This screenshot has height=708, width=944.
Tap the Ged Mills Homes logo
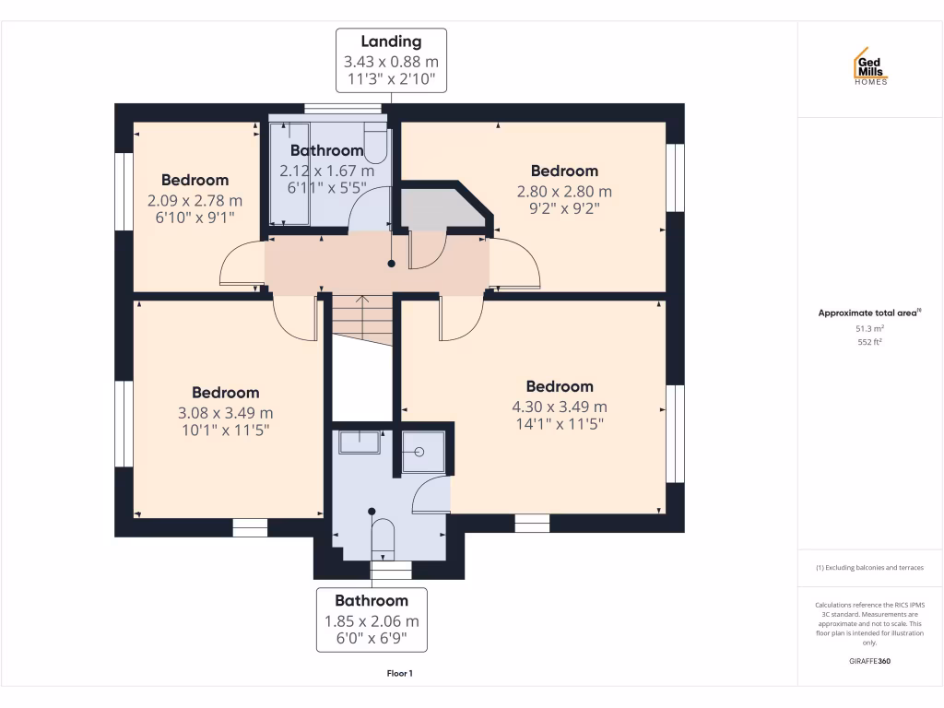tap(869, 66)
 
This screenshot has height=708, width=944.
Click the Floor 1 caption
tap(399, 673)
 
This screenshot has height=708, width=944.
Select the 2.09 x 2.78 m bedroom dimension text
tap(195, 200)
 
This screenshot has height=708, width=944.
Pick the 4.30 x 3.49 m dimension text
tap(559, 407)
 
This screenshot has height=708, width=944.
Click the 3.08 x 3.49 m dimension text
tap(225, 413)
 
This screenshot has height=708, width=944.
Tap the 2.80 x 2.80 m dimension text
tap(564, 192)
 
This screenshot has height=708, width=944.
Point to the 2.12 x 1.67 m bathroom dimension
tap(327, 171)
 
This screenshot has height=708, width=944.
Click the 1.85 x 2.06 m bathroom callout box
tap(372, 619)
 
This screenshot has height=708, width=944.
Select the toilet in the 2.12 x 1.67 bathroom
tap(376, 143)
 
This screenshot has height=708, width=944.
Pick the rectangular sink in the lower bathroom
tap(360, 442)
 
